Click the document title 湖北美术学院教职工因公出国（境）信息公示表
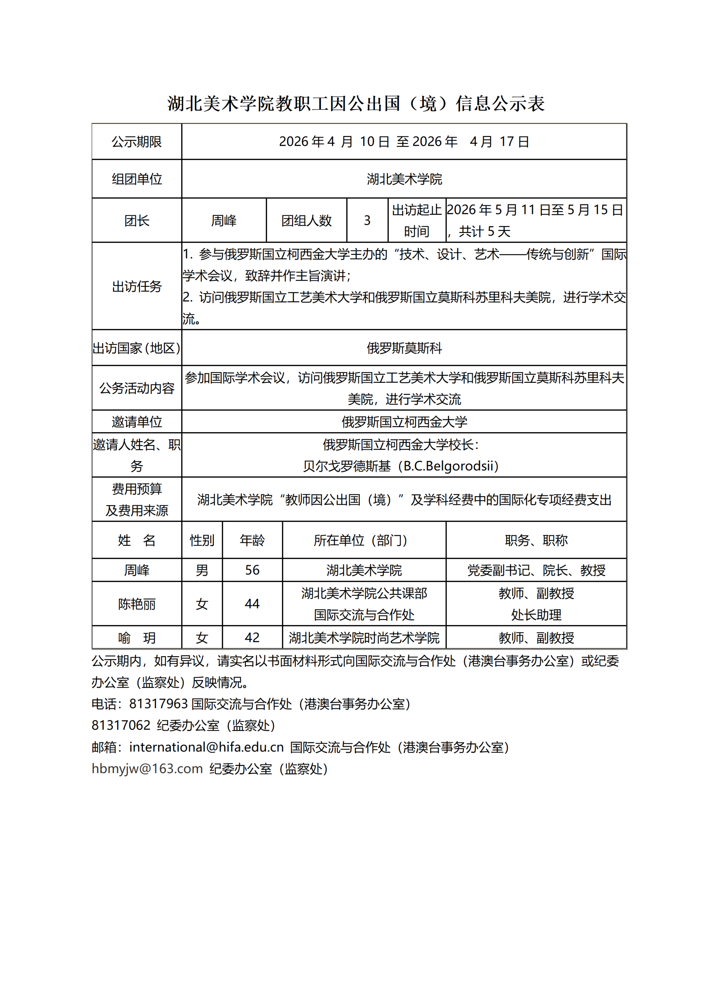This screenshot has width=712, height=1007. coord(356,104)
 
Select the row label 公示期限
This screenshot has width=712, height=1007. coord(136,142)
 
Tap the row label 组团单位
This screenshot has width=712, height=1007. coord(136,179)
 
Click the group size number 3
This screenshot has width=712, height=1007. coord(367,220)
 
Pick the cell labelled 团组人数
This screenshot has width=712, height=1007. coord(306,220)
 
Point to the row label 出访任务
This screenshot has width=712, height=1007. coord(136,287)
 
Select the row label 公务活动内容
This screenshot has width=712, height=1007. coord(136,388)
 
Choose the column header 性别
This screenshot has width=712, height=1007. coord(202,540)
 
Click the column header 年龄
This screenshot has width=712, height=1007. coord(252,540)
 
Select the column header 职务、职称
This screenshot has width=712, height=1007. coord(536,540)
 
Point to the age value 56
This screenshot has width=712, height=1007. coord(252,570)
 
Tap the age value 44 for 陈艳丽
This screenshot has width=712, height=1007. coord(252,604)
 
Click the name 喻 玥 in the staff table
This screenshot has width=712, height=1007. coord(136,638)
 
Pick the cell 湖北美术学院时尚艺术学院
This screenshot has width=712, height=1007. coord(364,638)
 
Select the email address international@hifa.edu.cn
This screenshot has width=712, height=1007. coord(207,747)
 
